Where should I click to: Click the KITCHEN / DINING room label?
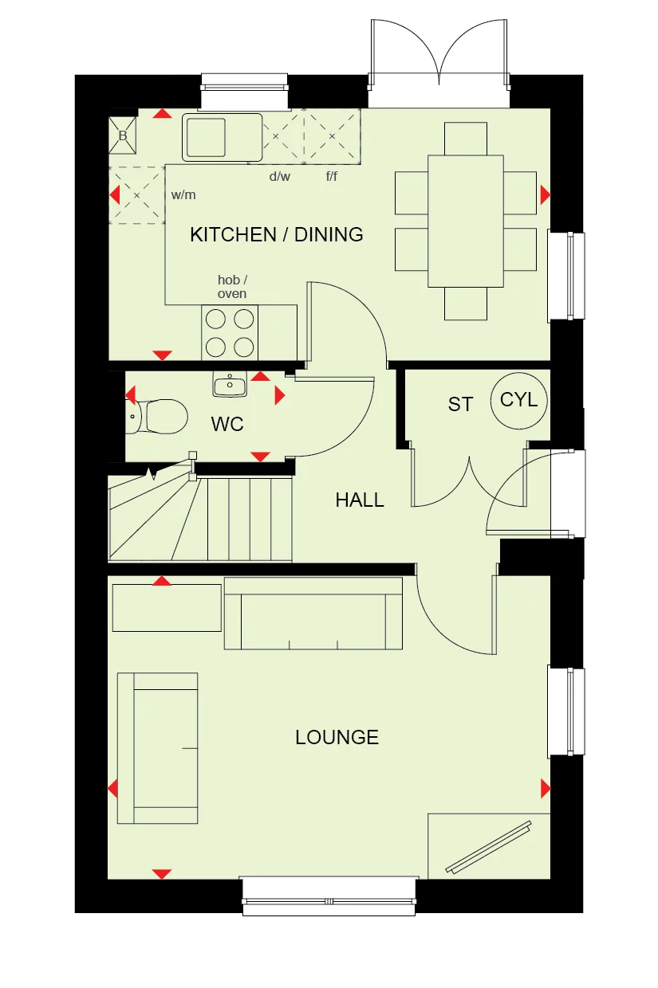point(276,234)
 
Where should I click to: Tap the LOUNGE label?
point(337,737)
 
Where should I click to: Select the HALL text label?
point(359,500)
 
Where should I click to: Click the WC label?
point(227,425)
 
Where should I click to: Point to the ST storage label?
point(460,405)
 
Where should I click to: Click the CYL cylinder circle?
point(518,400)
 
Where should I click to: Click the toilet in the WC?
point(160,416)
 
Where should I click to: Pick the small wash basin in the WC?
point(230,385)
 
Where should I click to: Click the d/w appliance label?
point(279,177)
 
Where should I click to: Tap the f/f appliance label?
point(331,177)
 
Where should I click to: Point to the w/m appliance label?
point(183,194)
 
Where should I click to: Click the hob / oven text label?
point(232,287)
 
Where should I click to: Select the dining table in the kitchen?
point(466,221)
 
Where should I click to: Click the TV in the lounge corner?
point(489,846)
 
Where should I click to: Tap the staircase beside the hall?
point(199,518)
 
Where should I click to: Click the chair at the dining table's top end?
point(466,139)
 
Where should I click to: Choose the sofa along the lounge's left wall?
point(157,747)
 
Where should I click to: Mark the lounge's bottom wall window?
point(329,895)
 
